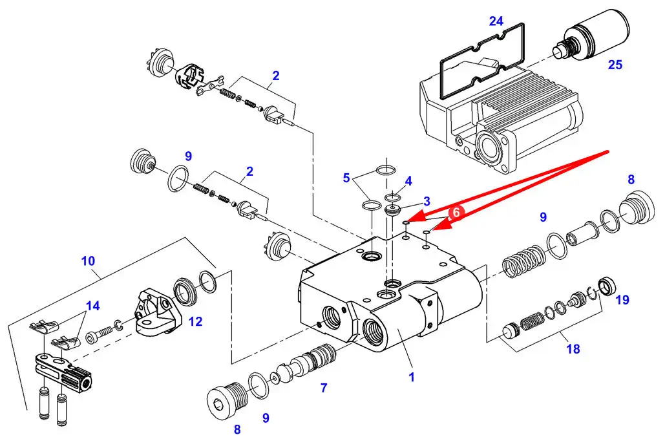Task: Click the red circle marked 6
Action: [456, 212]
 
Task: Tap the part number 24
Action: [496, 21]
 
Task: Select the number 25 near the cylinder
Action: [615, 65]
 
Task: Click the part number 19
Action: [622, 300]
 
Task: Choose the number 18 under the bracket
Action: [573, 348]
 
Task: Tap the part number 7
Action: [324, 388]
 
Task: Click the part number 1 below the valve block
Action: [412, 377]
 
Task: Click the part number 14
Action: [92, 305]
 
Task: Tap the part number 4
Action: [408, 181]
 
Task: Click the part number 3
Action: [427, 201]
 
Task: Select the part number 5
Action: [346, 178]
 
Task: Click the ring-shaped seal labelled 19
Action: [607, 286]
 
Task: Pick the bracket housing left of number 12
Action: [156, 313]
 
